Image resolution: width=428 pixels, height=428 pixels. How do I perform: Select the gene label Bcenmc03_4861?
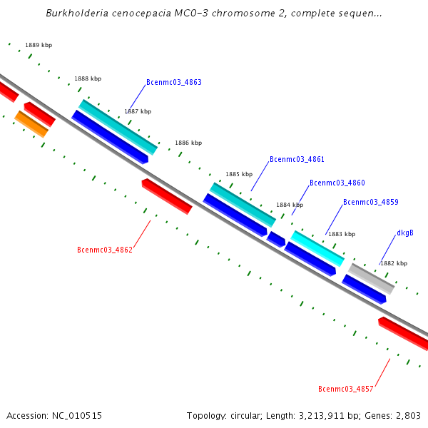[297, 159]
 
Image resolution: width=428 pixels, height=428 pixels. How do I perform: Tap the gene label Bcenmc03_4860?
[337, 183]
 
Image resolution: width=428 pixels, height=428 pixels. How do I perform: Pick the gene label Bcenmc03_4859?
[370, 202]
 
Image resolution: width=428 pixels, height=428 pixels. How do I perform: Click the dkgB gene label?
[404, 233]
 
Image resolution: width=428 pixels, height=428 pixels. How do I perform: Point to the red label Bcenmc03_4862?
[104, 250]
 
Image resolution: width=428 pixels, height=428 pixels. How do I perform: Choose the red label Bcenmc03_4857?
[345, 389]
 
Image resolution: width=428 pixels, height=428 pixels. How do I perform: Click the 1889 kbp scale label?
[39, 45]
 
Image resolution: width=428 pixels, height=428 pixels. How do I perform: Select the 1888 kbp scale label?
[88, 78]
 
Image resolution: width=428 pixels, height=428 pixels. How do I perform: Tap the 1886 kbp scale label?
[188, 143]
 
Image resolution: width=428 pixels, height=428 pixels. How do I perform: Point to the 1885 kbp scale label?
[239, 174]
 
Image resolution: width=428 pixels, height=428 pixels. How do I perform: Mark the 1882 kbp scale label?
[393, 263]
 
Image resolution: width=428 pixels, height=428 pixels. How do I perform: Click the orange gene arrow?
[31, 124]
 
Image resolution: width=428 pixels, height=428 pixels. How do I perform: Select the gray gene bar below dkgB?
[371, 278]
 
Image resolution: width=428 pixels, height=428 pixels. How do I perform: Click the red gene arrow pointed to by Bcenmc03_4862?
[167, 196]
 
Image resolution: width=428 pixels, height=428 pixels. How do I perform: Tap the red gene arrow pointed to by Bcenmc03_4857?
[403, 334]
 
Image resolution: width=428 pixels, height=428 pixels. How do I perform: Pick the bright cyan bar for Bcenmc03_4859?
[317, 248]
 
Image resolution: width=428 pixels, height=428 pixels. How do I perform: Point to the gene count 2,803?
[407, 415]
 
